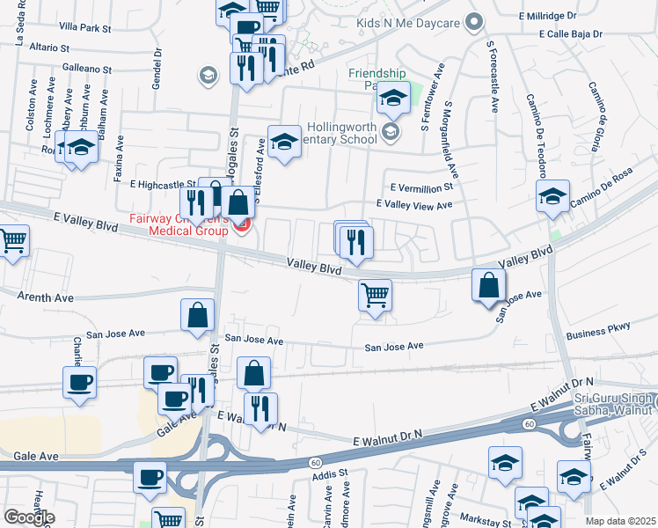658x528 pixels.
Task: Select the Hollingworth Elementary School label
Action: pos(344,133)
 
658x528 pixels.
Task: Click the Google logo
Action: pos(28,517)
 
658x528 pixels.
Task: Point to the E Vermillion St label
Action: pos(421,187)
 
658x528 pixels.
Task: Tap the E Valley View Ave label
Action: pos(413,204)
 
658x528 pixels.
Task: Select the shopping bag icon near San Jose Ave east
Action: pos(488,284)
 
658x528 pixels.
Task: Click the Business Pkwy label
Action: pos(599,328)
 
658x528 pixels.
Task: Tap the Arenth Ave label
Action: pos(41,298)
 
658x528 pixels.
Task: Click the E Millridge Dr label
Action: pos(547,16)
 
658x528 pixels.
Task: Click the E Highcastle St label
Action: pos(163,185)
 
